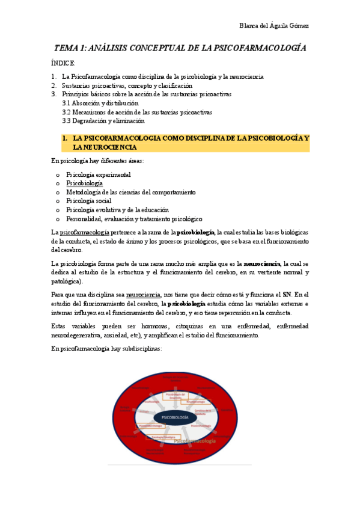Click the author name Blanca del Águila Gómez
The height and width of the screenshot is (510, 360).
274,25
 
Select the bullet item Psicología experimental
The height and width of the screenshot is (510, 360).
99,174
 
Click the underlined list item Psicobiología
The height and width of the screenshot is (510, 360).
84,183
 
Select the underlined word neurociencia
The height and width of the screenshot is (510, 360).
143,295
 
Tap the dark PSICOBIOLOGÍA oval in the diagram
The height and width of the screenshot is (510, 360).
175,416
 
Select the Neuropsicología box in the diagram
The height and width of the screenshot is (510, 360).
195,402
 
